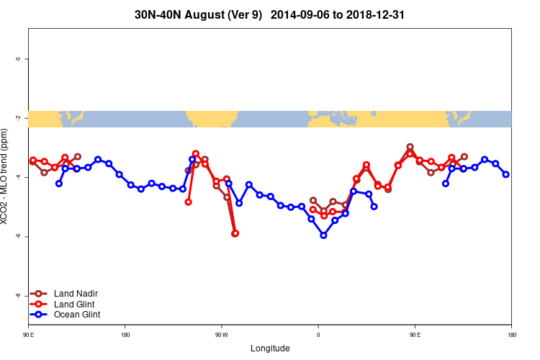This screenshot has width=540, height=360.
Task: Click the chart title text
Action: (x=269, y=14)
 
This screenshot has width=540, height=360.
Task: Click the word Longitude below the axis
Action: (x=270, y=348)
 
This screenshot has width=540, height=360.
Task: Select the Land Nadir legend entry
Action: (x=76, y=294)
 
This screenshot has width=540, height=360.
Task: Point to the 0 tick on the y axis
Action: (x=18, y=58)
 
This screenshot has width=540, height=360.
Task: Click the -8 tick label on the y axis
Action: (x=18, y=296)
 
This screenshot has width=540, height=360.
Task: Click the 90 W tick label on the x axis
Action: (x=221, y=335)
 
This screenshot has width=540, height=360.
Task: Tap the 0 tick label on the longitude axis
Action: (x=318, y=335)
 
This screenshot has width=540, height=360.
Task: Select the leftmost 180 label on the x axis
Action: (x=125, y=335)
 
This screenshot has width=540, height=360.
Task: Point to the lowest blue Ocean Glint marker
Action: (x=323, y=235)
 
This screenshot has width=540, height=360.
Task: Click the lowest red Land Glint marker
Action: (x=235, y=233)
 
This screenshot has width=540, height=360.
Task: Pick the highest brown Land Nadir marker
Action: (x=410, y=147)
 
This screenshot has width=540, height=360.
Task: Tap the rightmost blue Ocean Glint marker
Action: (x=506, y=174)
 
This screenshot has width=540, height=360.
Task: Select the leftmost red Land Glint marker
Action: (x=33, y=160)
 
